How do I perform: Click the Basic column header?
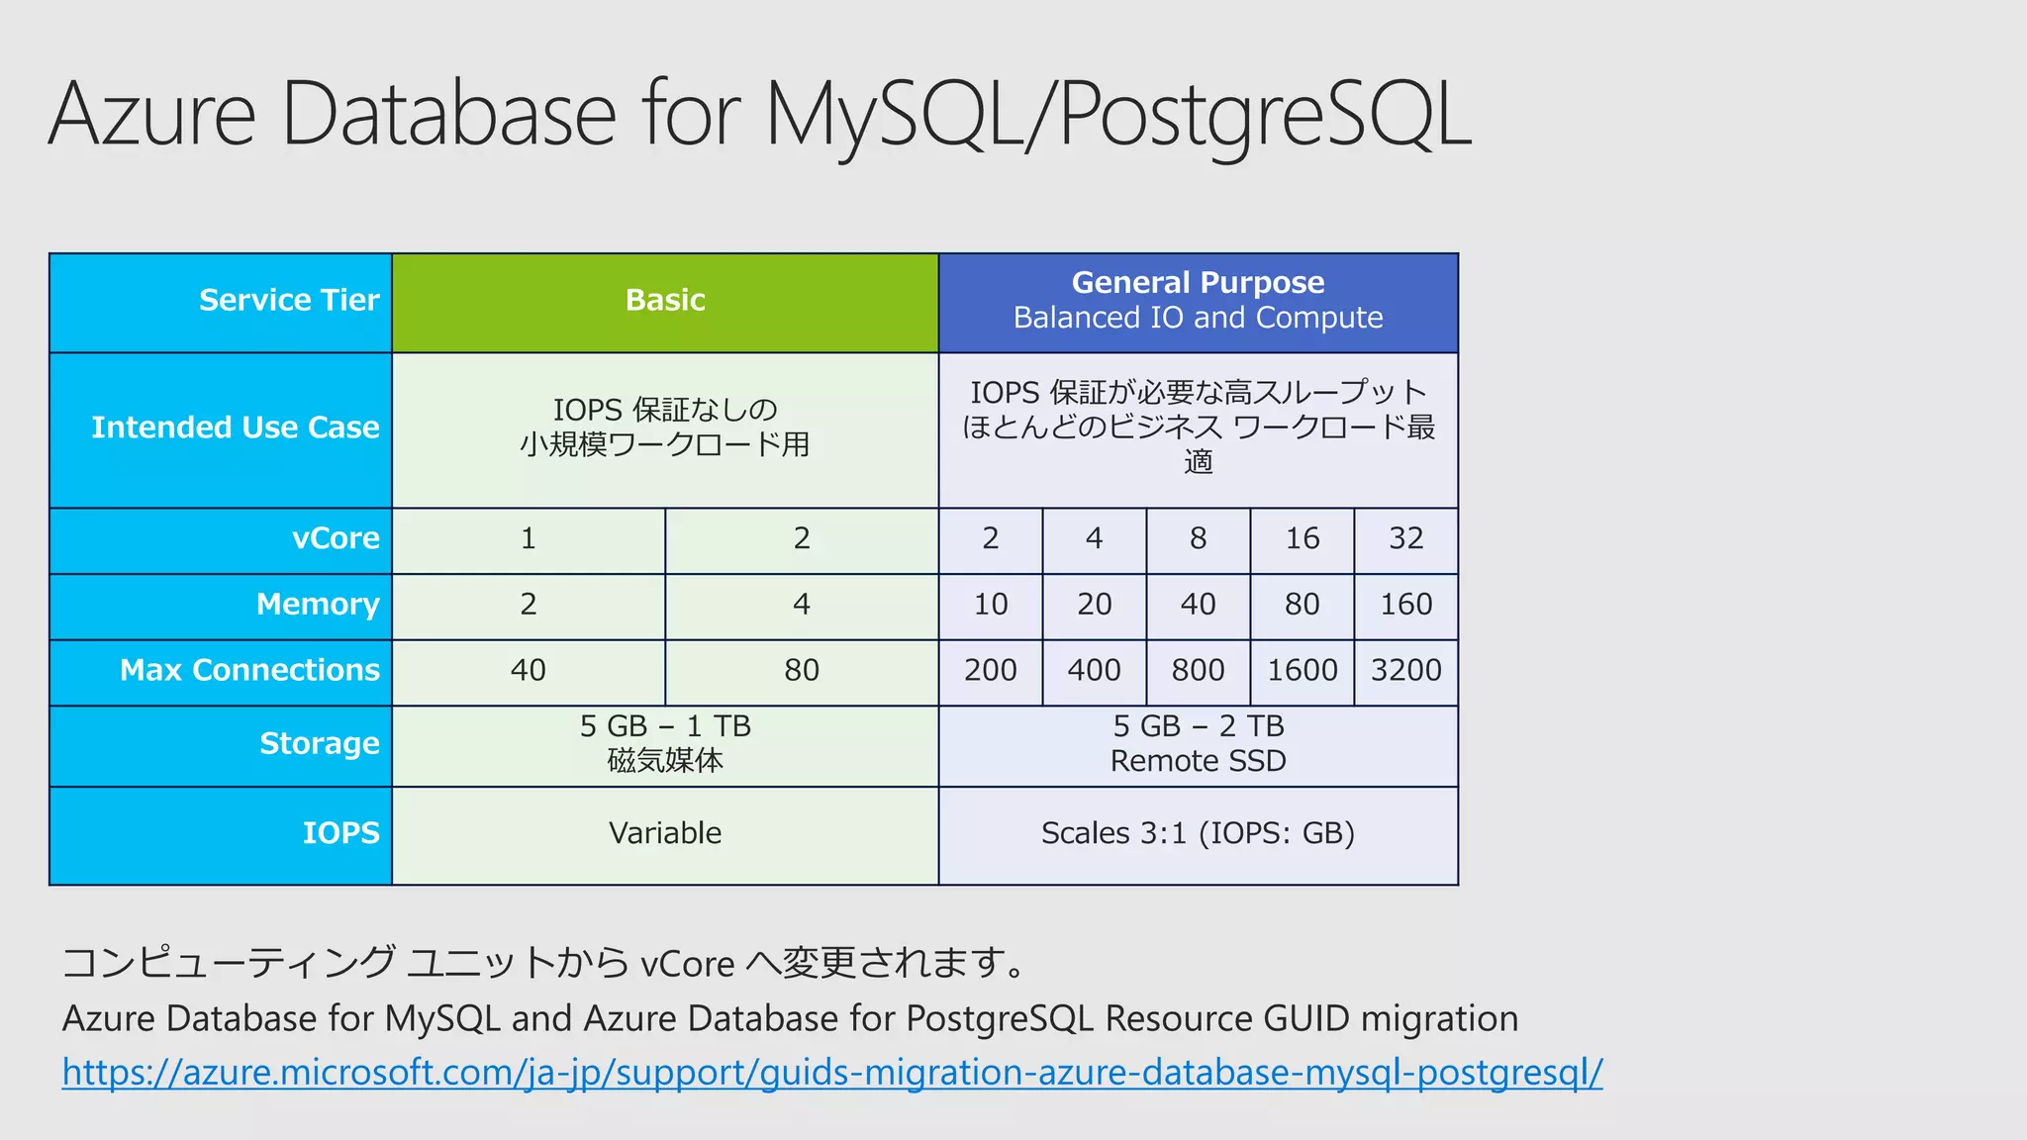[x=665, y=301]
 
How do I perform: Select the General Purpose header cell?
[x=1198, y=301]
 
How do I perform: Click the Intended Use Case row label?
[x=236, y=428]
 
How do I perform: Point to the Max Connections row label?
[x=249, y=671]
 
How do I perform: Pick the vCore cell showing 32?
[x=1405, y=539]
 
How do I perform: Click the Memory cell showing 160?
[x=1405, y=605]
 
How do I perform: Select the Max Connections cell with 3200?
[x=1405, y=671]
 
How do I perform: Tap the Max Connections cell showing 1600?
[x=1302, y=671]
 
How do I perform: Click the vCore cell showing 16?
[x=1302, y=539]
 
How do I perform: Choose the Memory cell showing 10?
[x=990, y=605]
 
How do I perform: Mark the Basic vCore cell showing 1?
[x=529, y=539]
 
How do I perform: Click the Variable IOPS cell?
[x=665, y=834]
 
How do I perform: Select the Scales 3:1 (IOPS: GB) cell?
[x=1198, y=834]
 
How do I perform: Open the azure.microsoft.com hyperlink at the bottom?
[x=831, y=1073]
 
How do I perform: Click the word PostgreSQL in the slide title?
[x=1265, y=116]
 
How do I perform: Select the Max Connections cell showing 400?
[x=1094, y=671]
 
